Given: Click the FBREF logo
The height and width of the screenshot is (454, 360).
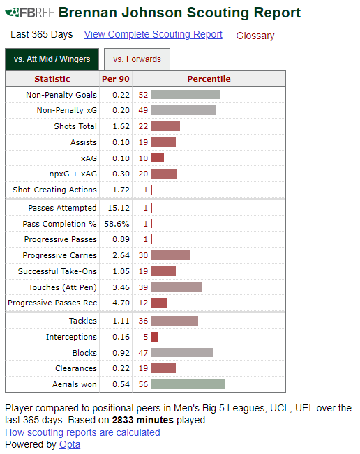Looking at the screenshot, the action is [29, 13].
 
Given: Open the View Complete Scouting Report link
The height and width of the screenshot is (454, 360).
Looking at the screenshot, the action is [153, 34].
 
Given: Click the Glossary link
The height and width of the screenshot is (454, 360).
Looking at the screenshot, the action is [255, 36].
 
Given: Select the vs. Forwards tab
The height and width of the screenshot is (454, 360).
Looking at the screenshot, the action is [137, 59].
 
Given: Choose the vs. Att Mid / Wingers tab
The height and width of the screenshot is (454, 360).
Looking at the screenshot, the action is [52, 59].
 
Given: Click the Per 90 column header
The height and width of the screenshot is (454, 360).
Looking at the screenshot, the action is [116, 79].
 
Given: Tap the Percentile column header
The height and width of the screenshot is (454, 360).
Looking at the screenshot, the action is [209, 79].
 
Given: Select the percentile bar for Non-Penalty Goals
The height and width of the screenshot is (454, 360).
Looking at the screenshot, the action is [185, 95].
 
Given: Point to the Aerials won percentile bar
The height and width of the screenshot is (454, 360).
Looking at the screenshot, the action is [188, 384].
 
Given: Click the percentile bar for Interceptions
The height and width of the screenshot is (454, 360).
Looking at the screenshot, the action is [154, 337].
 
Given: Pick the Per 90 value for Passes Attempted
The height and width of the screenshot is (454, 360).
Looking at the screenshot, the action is [119, 208].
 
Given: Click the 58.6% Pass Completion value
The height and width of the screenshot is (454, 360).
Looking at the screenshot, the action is [117, 224].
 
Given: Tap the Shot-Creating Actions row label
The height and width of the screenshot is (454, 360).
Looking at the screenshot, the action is [54, 190].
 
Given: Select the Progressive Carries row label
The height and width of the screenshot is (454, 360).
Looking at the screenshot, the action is [60, 255].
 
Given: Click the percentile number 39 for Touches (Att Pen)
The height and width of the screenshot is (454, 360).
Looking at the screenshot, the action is [143, 287].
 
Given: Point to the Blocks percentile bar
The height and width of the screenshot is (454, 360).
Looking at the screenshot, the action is [181, 353].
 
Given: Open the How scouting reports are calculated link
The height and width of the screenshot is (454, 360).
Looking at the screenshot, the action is [82, 432].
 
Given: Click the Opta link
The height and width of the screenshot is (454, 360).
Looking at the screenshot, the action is [70, 444].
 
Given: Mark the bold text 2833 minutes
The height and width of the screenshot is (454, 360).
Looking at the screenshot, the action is [143, 420].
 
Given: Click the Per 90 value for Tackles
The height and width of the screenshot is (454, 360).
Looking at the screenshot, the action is [121, 321].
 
